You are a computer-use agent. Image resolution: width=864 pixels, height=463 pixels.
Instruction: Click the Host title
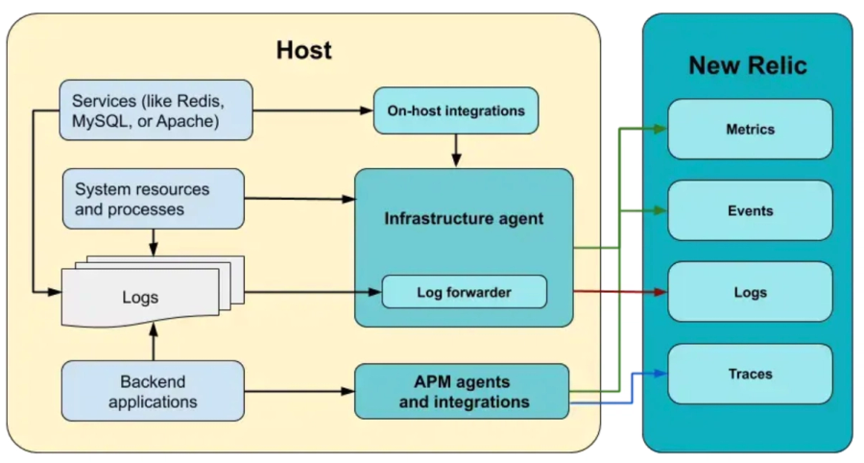(304, 50)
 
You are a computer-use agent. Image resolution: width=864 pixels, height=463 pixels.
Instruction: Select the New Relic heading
(747, 65)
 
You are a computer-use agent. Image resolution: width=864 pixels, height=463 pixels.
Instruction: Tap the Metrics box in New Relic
(750, 129)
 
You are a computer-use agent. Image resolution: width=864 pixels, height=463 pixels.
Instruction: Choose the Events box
(750, 210)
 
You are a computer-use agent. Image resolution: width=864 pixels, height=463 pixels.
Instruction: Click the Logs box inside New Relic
(750, 292)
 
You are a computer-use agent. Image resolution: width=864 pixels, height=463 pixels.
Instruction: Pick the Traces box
(750, 374)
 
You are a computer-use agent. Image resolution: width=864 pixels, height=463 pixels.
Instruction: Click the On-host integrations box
(456, 110)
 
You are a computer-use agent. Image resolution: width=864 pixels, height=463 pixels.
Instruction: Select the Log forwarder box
(464, 292)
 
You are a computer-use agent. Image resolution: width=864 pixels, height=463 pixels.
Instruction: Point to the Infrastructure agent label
(464, 219)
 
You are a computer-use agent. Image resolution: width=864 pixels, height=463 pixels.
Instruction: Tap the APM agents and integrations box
(464, 391)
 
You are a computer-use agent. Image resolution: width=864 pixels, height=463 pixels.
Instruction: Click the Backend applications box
(153, 391)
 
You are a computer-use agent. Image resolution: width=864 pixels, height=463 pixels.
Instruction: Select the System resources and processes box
(153, 199)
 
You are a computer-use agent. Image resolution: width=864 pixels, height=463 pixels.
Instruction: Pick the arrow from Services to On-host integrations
(312, 110)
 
